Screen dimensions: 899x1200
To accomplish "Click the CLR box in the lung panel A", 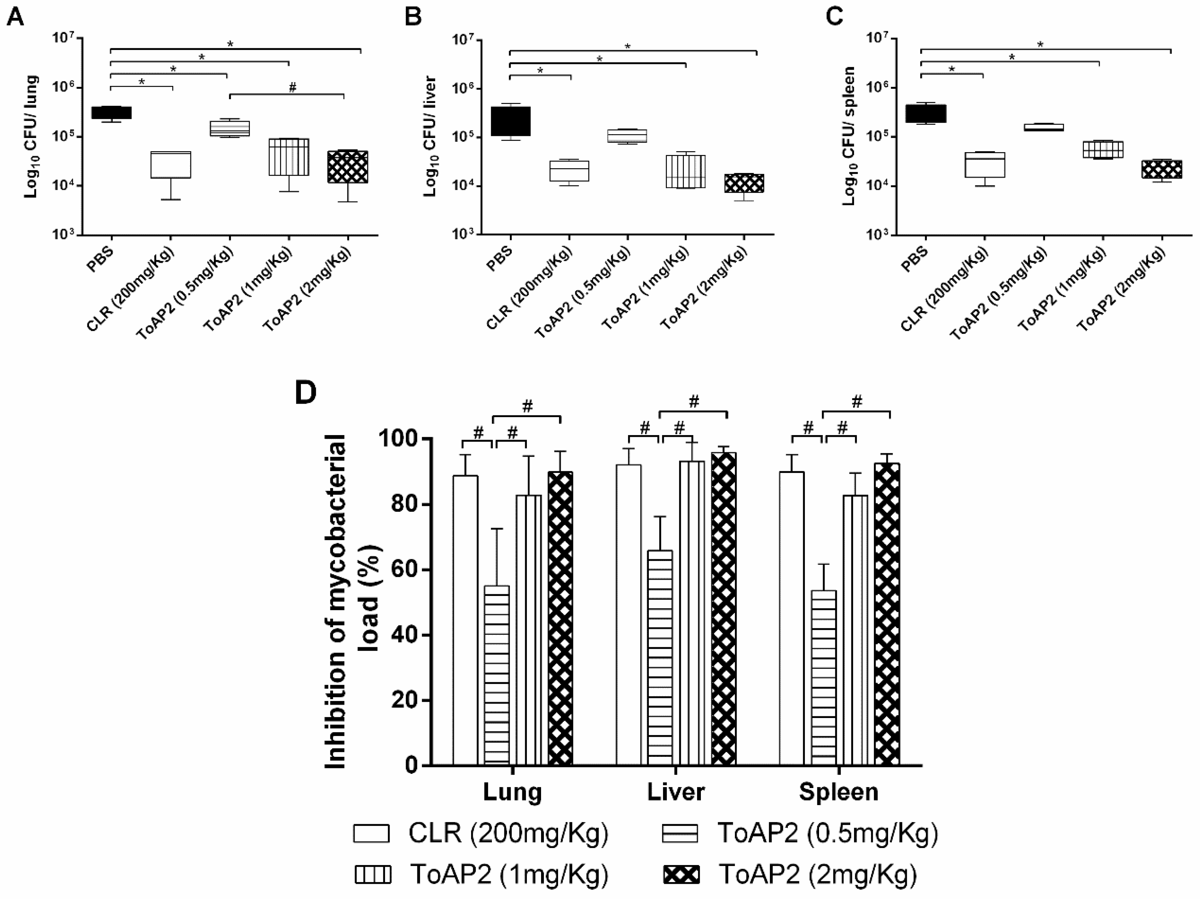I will [171, 164].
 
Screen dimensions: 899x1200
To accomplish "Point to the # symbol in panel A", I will [293, 88].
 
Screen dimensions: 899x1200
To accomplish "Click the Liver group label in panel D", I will [676, 792].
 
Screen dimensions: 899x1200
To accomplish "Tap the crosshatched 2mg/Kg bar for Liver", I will [724, 608].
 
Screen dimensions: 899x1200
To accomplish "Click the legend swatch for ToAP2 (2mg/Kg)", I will [681, 875].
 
